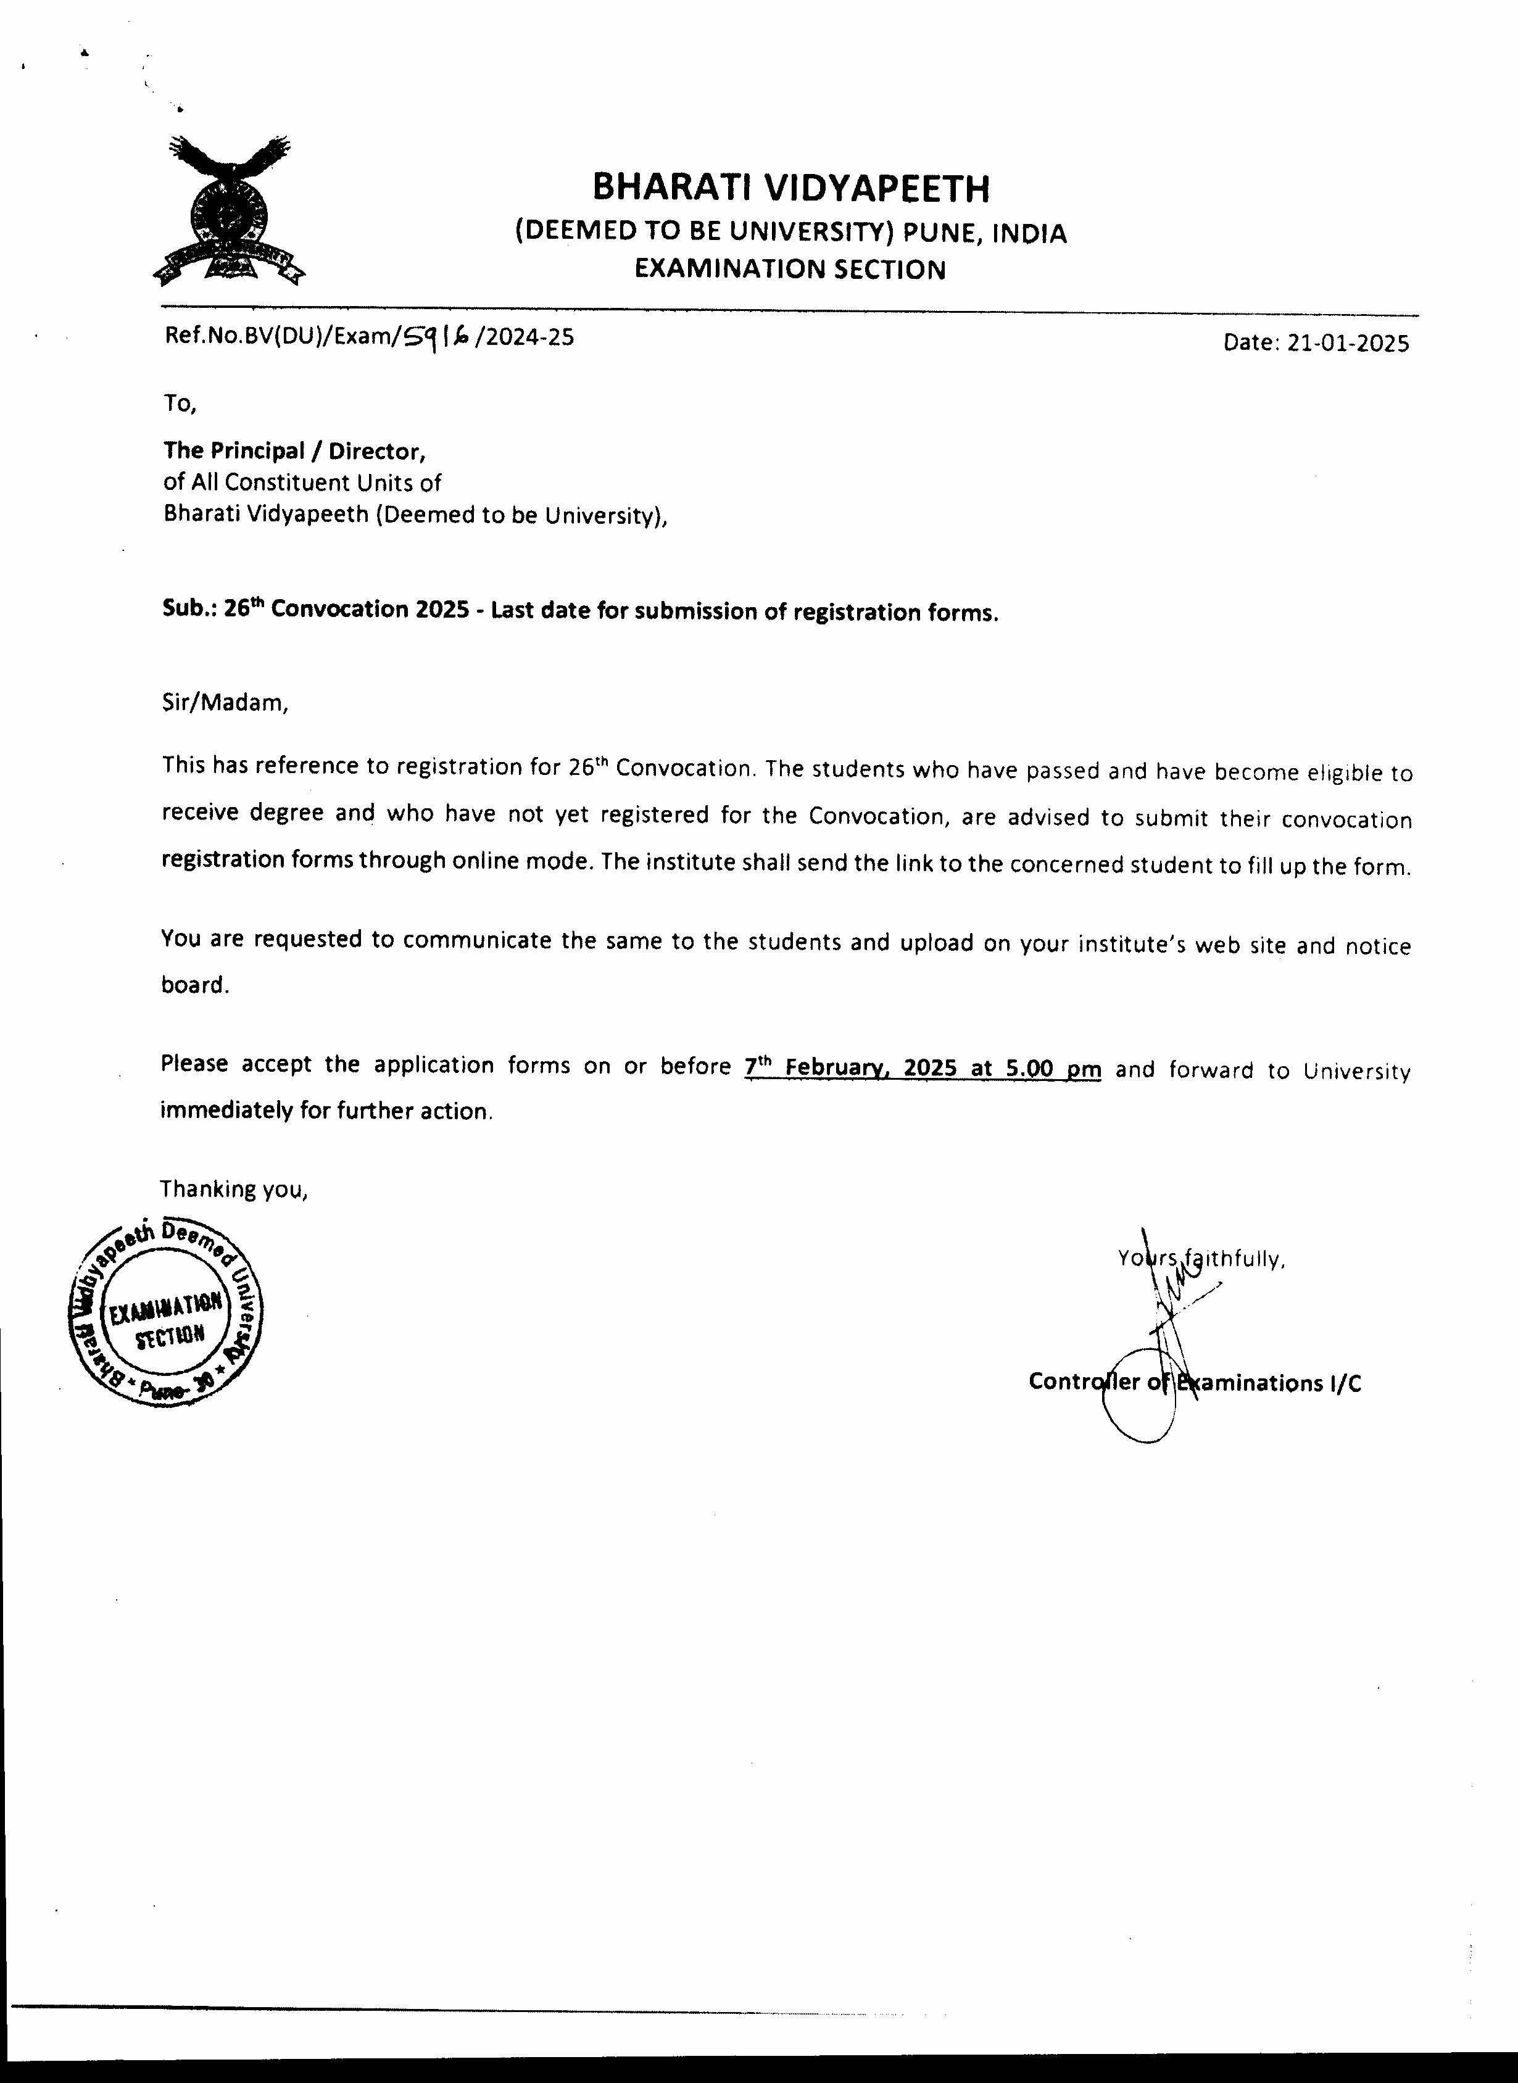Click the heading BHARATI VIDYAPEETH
tap(790, 188)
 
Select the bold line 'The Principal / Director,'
tap(295, 451)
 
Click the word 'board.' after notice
tap(194, 985)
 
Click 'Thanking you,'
tap(233, 1190)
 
